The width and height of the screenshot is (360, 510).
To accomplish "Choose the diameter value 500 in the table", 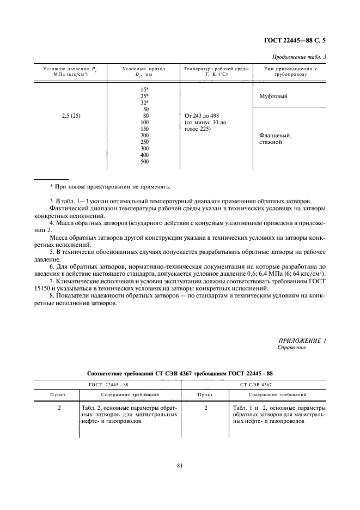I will point(145,161).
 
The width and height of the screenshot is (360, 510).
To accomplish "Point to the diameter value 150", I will point(145,129).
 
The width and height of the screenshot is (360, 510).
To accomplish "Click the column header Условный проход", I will point(144,69).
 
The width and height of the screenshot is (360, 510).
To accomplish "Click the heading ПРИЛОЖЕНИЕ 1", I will point(301,341).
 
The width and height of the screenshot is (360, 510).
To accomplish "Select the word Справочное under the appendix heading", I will point(292,347).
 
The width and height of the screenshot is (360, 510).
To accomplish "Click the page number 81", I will point(180,465).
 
